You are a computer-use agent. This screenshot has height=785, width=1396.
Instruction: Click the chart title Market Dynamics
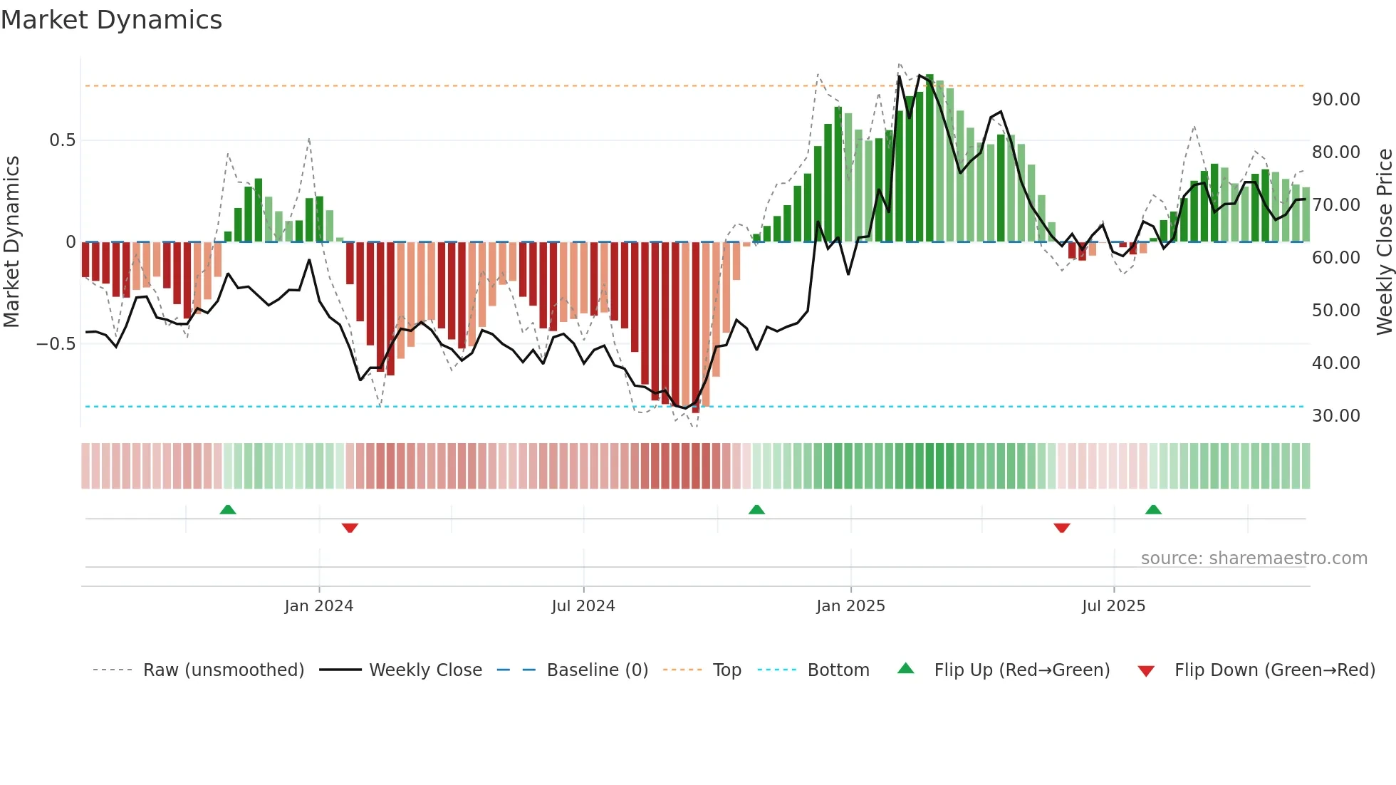[x=111, y=20]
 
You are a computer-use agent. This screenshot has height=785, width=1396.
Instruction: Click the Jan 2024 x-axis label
[x=318, y=606]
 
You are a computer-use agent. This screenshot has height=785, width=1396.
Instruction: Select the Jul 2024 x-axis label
[x=583, y=606]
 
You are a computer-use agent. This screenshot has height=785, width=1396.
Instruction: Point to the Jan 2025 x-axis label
[x=850, y=606]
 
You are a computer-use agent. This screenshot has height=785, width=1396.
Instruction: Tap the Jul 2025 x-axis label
[x=1113, y=606]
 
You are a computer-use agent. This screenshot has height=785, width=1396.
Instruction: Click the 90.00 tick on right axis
[x=1335, y=100]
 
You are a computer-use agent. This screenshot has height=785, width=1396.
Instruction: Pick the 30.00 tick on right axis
[x=1335, y=416]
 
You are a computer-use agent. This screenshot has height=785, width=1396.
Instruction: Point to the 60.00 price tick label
[x=1335, y=258]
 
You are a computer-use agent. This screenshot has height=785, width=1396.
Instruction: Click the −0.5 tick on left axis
[x=56, y=344]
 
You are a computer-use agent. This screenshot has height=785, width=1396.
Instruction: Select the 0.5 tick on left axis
[x=62, y=140]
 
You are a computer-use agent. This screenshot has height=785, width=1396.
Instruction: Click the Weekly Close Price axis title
[x=1384, y=241]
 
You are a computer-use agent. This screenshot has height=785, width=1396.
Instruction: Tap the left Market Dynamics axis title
[x=11, y=241]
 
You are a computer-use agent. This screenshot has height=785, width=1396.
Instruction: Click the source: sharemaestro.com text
[x=1254, y=558]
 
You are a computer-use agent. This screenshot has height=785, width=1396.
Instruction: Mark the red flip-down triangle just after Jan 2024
[x=350, y=528]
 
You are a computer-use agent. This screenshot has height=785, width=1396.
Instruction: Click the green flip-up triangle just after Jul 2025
[x=1153, y=509]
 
